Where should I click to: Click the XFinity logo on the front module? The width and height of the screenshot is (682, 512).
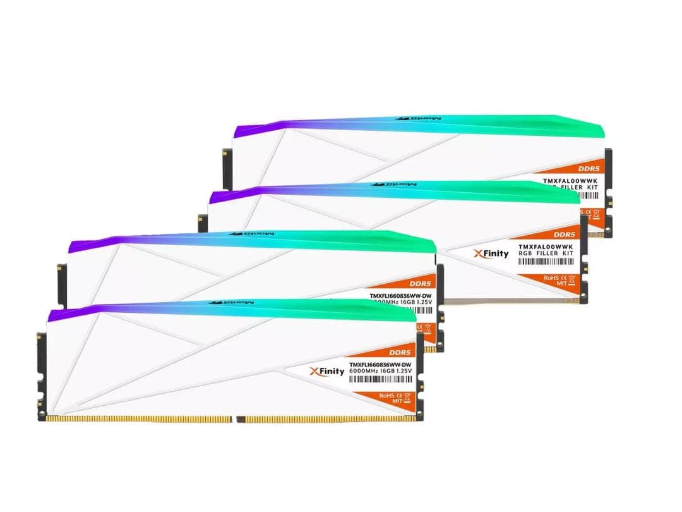click(327, 371)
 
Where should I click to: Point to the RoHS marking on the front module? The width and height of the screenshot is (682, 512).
click(386, 395)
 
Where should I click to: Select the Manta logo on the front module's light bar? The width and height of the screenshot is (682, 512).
click(237, 303)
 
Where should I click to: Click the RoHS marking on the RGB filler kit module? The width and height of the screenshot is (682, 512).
click(551, 277)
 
